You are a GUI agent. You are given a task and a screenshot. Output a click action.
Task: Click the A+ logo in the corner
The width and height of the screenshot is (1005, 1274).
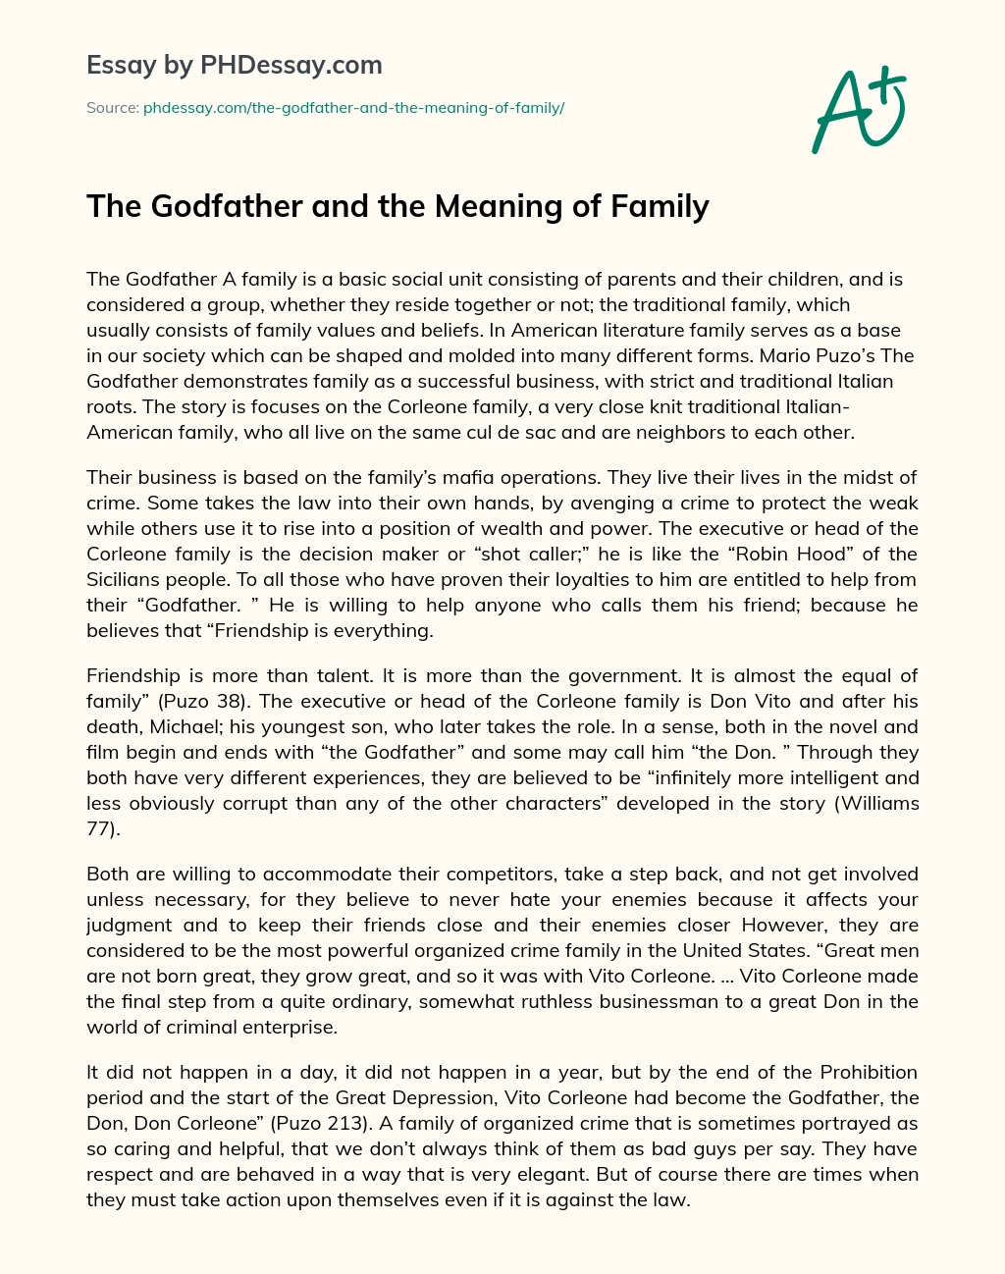click(x=856, y=110)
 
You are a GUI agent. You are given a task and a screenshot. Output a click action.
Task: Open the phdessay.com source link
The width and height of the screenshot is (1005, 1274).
click(x=353, y=108)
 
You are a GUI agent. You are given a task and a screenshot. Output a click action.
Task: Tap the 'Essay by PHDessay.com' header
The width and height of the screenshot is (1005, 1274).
click(x=234, y=66)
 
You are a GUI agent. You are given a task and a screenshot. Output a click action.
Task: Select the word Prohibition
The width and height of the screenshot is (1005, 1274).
click(x=869, y=1072)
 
